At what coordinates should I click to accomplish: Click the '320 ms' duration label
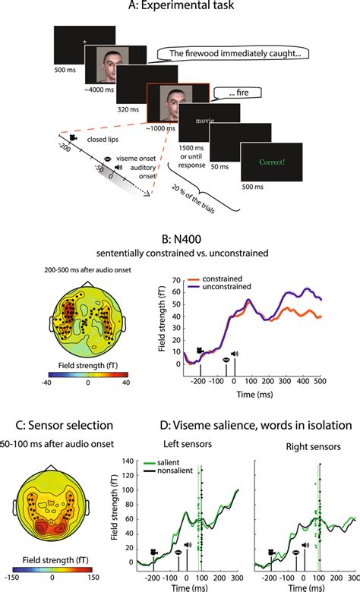coord(137,109)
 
